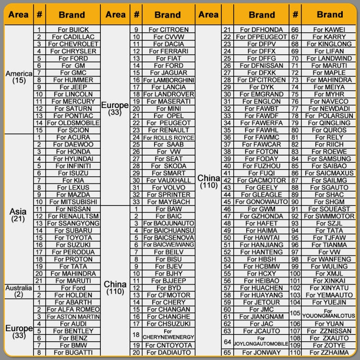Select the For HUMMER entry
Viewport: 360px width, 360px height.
click(x=72, y=80)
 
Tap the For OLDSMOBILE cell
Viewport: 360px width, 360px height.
click(x=72, y=123)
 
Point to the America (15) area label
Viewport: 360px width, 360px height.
click(x=19, y=77)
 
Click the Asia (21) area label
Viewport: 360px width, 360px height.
click(x=18, y=215)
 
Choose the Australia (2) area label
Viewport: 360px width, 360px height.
click(x=18, y=291)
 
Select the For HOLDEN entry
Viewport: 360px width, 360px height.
click(x=72, y=295)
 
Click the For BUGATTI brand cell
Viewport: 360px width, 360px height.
click(x=72, y=353)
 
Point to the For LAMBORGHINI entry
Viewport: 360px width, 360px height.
click(x=168, y=80)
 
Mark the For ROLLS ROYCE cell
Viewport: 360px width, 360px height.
click(x=168, y=138)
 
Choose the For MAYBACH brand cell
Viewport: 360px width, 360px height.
click(x=168, y=202)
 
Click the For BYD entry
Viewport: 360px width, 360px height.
click(x=168, y=288)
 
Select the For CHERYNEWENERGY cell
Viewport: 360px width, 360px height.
click(x=168, y=334)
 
